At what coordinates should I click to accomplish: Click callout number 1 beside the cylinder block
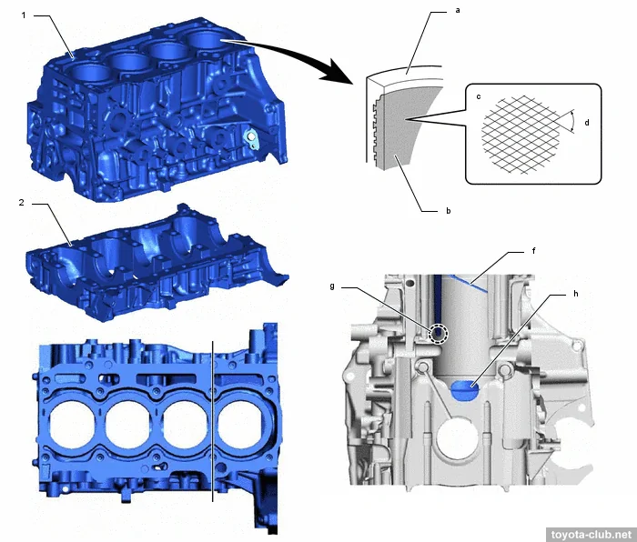24,15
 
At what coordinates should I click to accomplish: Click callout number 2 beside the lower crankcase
22,202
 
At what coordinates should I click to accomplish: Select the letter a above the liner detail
458,11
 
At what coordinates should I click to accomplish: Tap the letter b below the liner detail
449,211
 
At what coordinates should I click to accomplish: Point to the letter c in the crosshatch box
479,96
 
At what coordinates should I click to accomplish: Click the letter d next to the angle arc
587,122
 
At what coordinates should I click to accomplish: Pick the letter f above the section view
534,251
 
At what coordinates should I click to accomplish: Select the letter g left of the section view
332,286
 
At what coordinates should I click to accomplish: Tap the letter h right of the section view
576,294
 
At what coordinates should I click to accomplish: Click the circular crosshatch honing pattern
521,135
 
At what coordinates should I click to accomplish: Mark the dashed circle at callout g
439,334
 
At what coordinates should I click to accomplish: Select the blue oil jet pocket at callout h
466,390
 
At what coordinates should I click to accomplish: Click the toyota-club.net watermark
591,535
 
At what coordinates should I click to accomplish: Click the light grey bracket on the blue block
251,139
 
